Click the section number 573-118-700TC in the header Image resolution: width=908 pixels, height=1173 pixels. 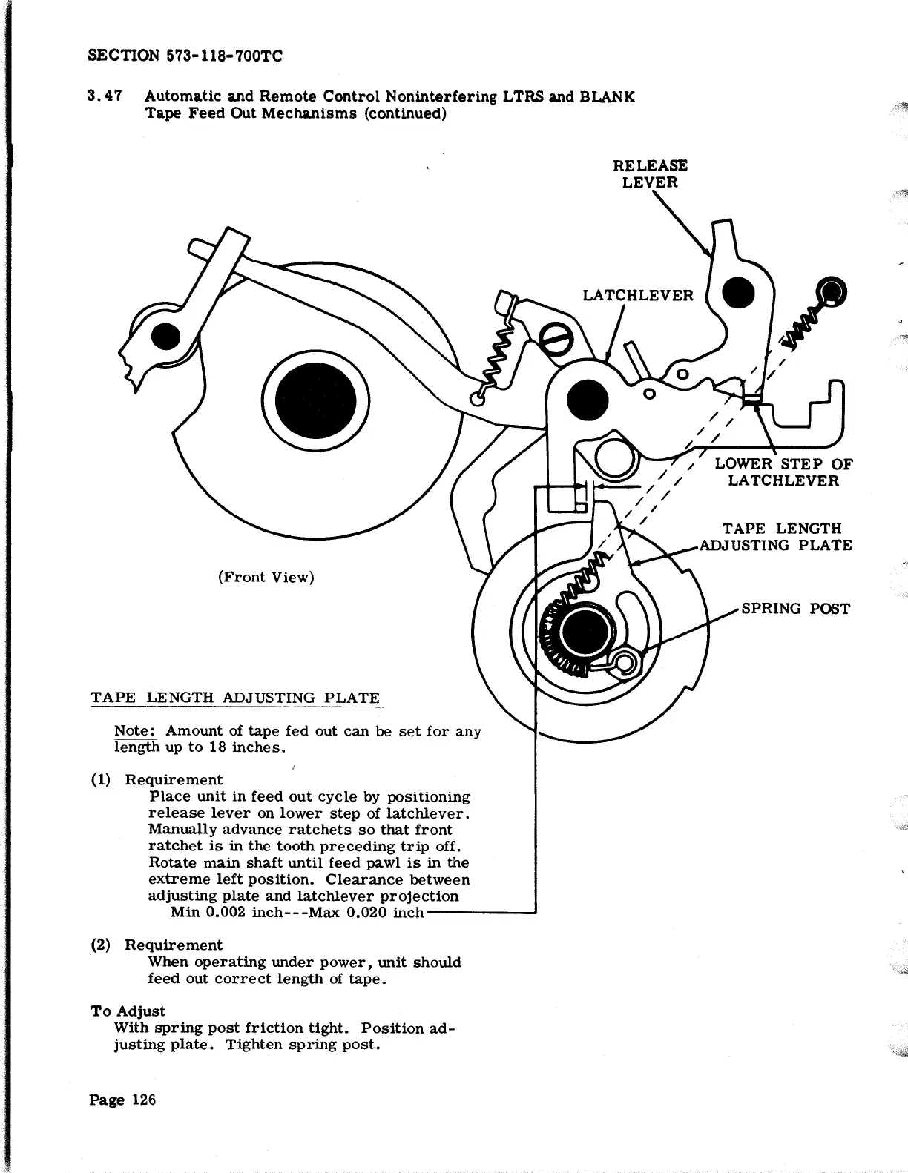coord(215,56)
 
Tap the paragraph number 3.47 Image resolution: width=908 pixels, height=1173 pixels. coord(104,96)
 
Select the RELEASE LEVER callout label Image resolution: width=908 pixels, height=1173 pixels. coord(650,174)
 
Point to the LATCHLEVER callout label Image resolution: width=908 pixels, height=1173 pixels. coord(637,296)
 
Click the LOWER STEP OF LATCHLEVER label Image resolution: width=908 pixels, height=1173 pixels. coord(783,472)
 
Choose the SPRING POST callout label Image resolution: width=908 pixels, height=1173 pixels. coord(795,609)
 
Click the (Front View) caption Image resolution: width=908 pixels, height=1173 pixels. coord(266,577)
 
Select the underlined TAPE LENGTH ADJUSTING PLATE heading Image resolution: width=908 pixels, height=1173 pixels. coord(234,698)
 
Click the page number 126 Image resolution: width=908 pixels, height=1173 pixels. coord(144,1100)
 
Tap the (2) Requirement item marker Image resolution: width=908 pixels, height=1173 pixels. coord(99,945)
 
